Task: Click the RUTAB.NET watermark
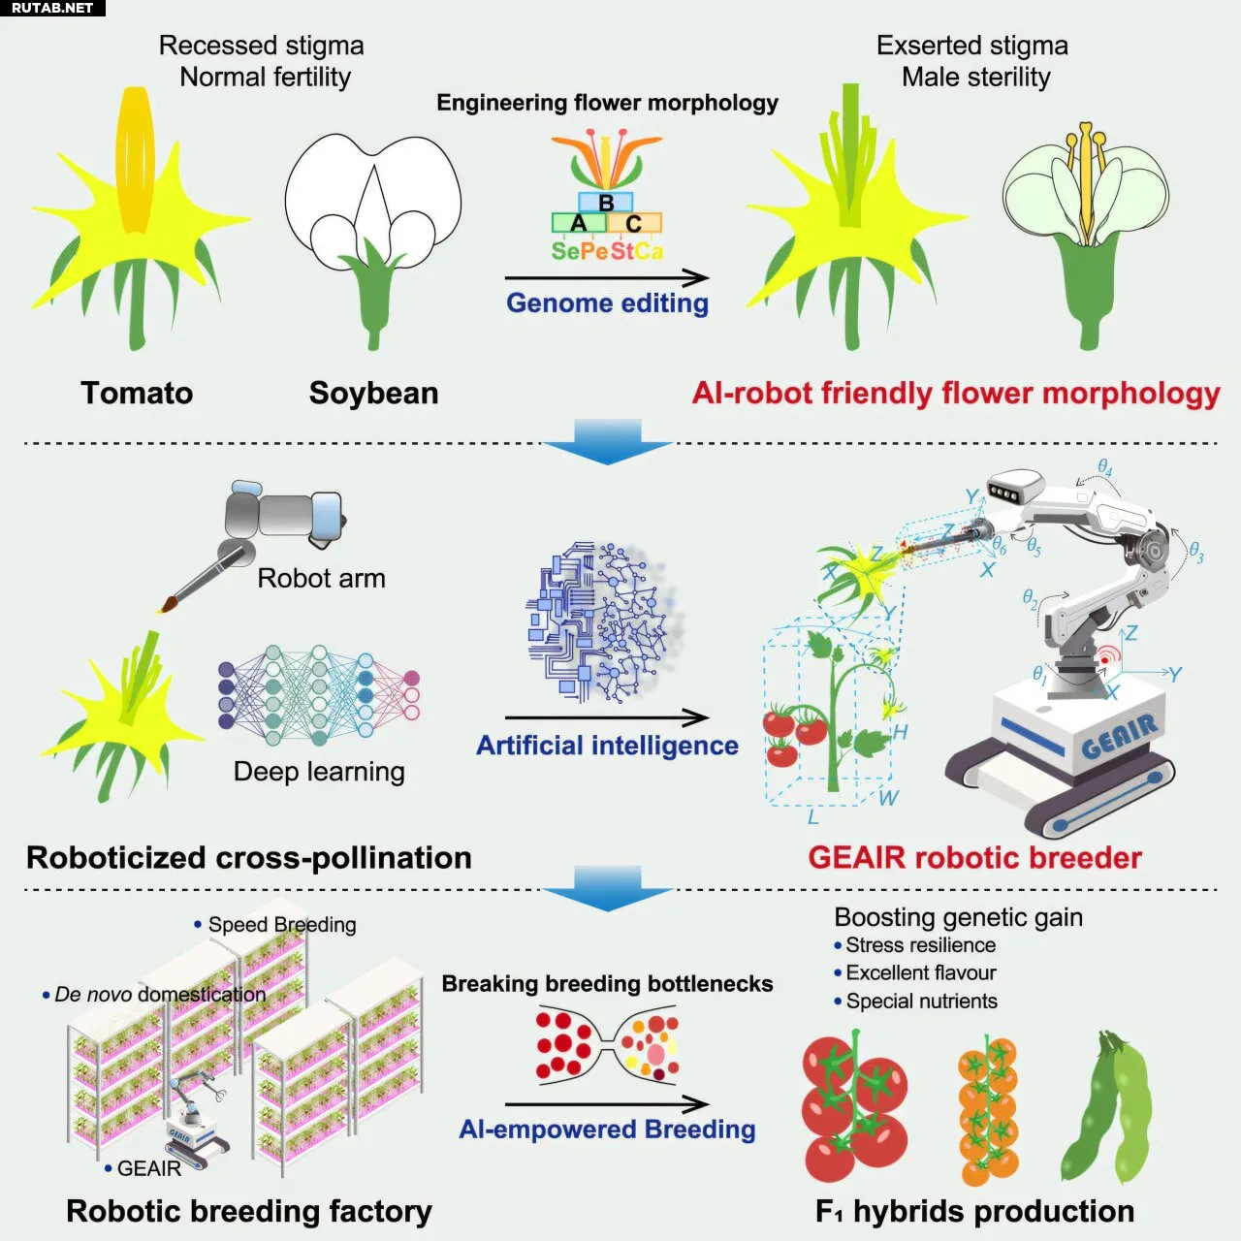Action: click(x=52, y=9)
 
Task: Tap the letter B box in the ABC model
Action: click(x=605, y=203)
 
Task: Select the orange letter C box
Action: click(x=634, y=223)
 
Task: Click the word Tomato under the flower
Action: click(x=137, y=393)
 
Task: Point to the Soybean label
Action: click(x=373, y=393)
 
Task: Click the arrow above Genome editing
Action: click(x=607, y=278)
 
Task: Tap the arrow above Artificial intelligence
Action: click(x=607, y=716)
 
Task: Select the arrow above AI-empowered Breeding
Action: click(x=607, y=1104)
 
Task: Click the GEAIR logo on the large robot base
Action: click(x=1119, y=737)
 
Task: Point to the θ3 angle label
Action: click(x=1196, y=553)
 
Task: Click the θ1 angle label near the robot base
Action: click(x=1038, y=675)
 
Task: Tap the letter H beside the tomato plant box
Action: click(x=900, y=732)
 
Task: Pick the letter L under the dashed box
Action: click(x=813, y=817)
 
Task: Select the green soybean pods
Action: click(x=1105, y=1107)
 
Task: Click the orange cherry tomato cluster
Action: click(x=987, y=1109)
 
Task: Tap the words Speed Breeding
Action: click(x=282, y=925)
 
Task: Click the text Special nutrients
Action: click(x=922, y=1001)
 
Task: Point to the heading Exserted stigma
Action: click(x=972, y=46)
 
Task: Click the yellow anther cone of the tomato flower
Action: click(x=135, y=160)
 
